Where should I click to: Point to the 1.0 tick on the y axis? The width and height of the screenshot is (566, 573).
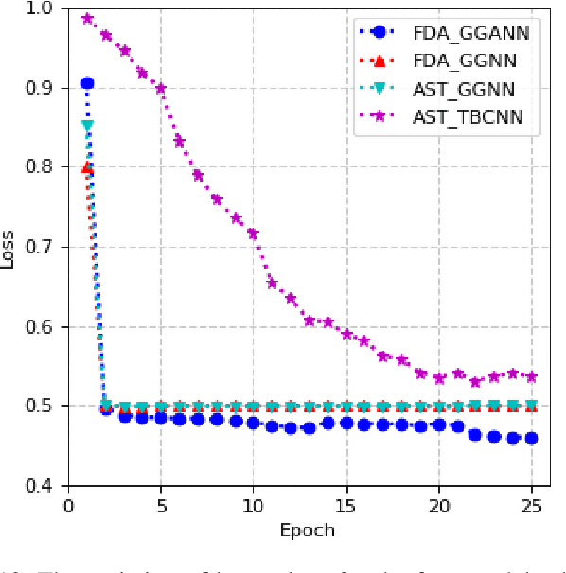43,9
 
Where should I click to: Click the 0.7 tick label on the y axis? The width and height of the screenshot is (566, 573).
43,248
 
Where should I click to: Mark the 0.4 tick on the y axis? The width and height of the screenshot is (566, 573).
43,486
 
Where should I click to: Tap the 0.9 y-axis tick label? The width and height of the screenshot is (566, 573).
43,88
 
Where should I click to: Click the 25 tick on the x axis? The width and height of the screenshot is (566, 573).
531,504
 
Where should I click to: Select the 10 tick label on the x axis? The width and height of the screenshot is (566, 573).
253,504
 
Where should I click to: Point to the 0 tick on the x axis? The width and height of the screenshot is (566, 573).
68,504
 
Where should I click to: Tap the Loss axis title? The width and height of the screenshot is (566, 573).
9,248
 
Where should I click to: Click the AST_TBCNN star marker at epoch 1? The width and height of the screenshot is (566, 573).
87,19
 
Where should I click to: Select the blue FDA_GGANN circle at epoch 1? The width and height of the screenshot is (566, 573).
87,84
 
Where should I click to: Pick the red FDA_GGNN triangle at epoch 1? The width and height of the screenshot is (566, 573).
87,167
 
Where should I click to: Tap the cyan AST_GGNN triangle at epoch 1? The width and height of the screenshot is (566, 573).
87,125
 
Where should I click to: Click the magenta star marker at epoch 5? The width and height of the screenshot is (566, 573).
161,88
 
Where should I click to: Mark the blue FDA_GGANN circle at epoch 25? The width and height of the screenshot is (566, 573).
531,438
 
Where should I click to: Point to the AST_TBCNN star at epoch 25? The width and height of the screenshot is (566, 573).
531,376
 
